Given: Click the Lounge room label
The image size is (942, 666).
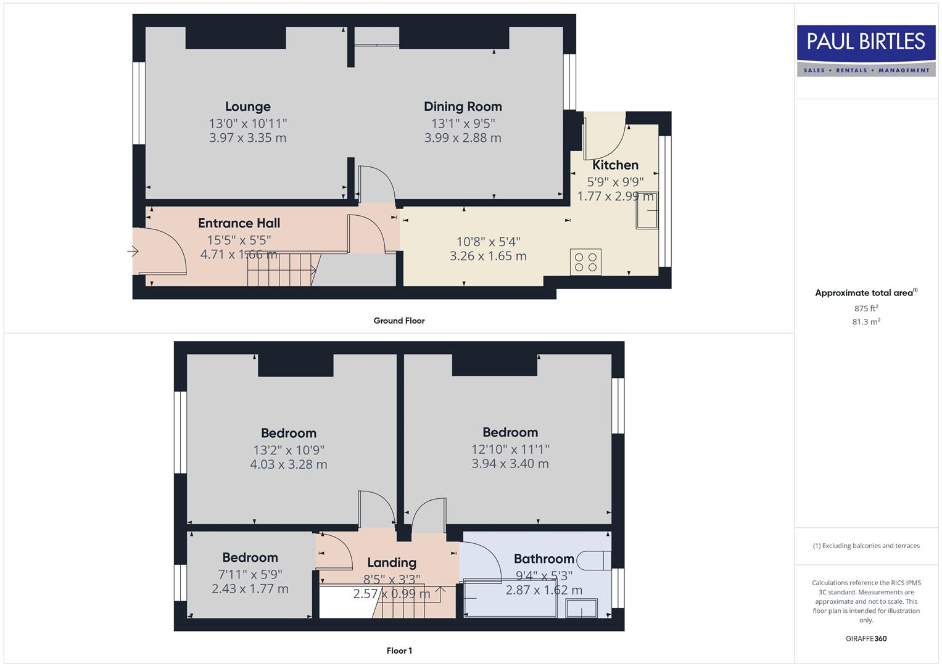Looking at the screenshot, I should [x=247, y=107].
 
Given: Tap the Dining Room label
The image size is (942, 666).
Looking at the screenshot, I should [x=463, y=107].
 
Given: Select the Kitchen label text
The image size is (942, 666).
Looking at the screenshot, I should [x=615, y=165].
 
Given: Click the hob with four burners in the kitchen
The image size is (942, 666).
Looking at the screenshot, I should [x=585, y=262].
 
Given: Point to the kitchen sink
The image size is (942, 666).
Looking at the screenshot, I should [x=647, y=211].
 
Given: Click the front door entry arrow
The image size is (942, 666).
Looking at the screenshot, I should [x=133, y=251].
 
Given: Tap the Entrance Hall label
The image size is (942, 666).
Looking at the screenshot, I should [x=239, y=223].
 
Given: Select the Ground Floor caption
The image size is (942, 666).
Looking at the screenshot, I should [x=399, y=321].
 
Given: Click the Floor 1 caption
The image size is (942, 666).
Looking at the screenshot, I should [x=399, y=651].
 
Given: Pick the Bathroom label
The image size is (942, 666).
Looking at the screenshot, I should [x=543, y=559].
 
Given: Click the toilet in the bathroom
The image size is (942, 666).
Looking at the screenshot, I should [x=598, y=559].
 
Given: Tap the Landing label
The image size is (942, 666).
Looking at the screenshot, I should [x=392, y=562].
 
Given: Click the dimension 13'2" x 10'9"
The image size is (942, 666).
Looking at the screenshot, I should [x=289, y=450].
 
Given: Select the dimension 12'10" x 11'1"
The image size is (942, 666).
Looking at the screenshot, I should [x=510, y=450].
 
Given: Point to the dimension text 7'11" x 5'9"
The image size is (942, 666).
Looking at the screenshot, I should [x=250, y=574].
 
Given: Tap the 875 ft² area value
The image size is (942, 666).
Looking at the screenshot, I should [x=866, y=308].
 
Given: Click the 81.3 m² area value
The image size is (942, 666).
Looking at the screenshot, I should [x=866, y=322].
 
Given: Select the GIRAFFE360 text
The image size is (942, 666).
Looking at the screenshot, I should [x=866, y=639].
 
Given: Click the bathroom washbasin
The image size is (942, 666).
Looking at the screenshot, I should [x=582, y=609].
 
